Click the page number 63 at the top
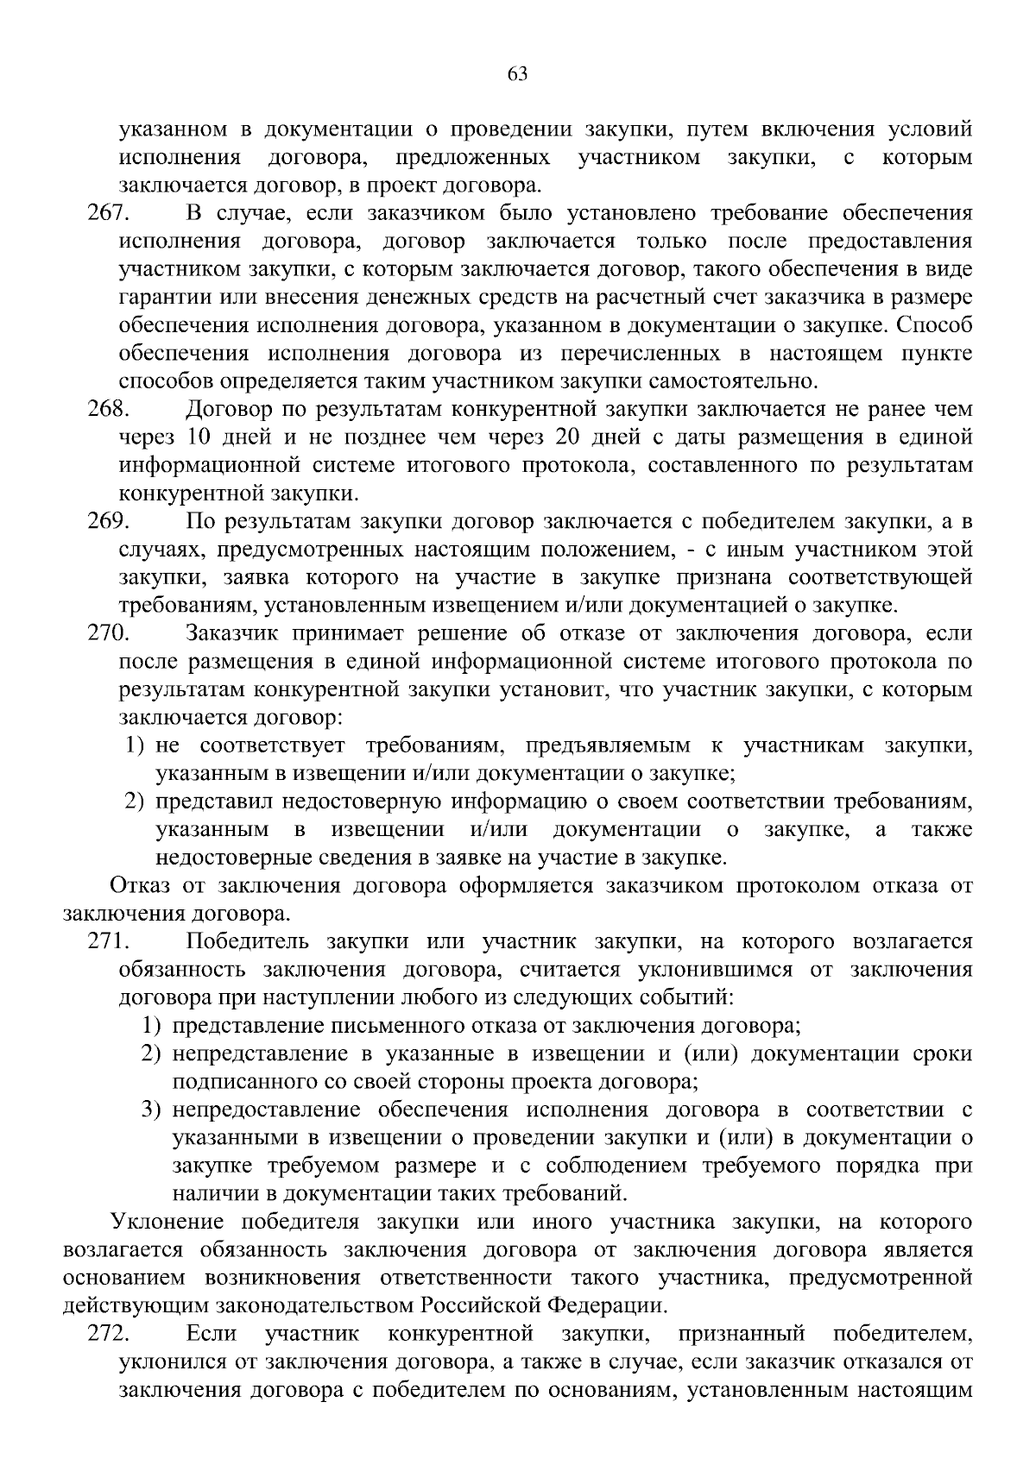tap(517, 74)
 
